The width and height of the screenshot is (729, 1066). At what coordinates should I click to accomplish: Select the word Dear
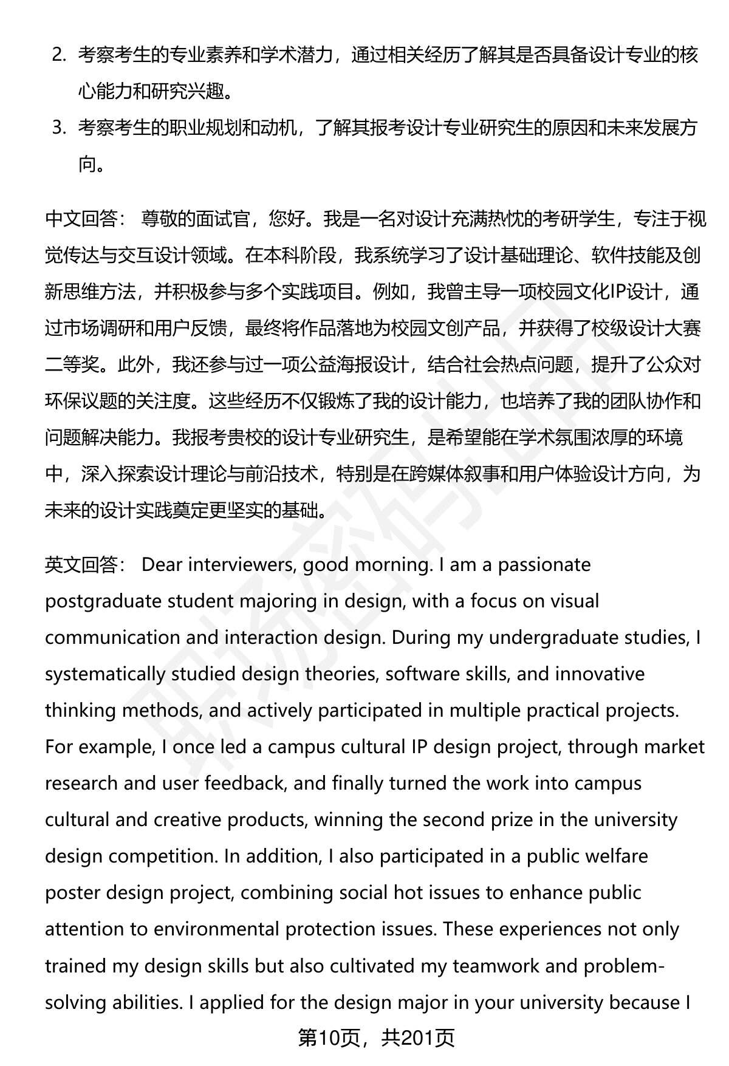click(162, 565)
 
